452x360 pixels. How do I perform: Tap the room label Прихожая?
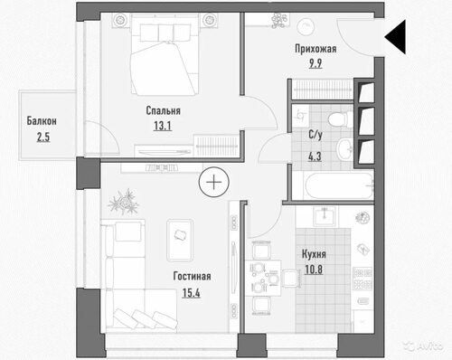[315, 49]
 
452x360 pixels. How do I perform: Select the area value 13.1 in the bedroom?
[163, 126]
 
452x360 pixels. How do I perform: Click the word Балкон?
[42, 121]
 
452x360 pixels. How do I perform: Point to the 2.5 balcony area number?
[43, 137]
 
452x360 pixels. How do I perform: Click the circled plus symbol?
[214, 182]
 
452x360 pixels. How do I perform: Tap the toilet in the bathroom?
[341, 119]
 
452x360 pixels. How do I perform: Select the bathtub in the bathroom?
[339, 186]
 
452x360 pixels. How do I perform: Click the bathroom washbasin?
[344, 149]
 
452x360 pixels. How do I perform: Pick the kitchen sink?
[324, 216]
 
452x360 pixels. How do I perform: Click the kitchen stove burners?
[363, 278]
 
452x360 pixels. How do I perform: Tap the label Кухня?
[314, 254]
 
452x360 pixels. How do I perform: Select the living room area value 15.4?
[191, 293]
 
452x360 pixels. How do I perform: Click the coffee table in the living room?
[180, 241]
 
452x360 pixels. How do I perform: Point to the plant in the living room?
[124, 202]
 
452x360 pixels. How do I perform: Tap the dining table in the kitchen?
[264, 278]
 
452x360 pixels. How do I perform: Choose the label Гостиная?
[192, 276]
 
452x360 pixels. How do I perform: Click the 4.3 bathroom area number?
[315, 156]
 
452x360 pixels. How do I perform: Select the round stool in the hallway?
[306, 27]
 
